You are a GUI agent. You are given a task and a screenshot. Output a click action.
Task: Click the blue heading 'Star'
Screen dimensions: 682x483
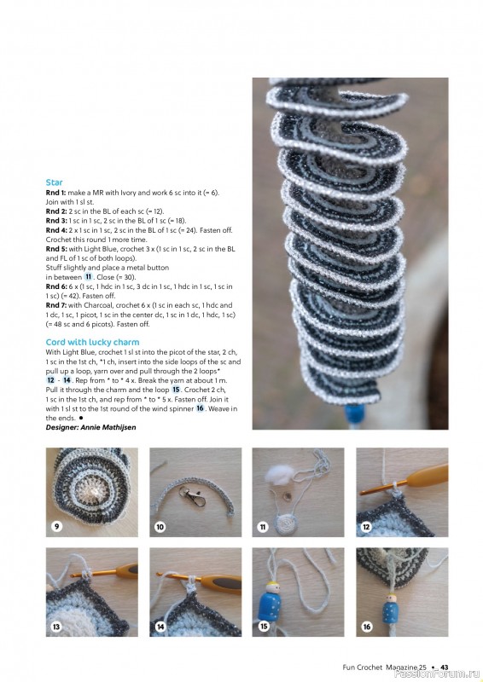point(54,182)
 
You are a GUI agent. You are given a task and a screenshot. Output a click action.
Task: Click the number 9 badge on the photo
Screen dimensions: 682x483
point(56,526)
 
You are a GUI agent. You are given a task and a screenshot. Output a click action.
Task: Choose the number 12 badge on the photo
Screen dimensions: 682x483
point(365,527)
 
